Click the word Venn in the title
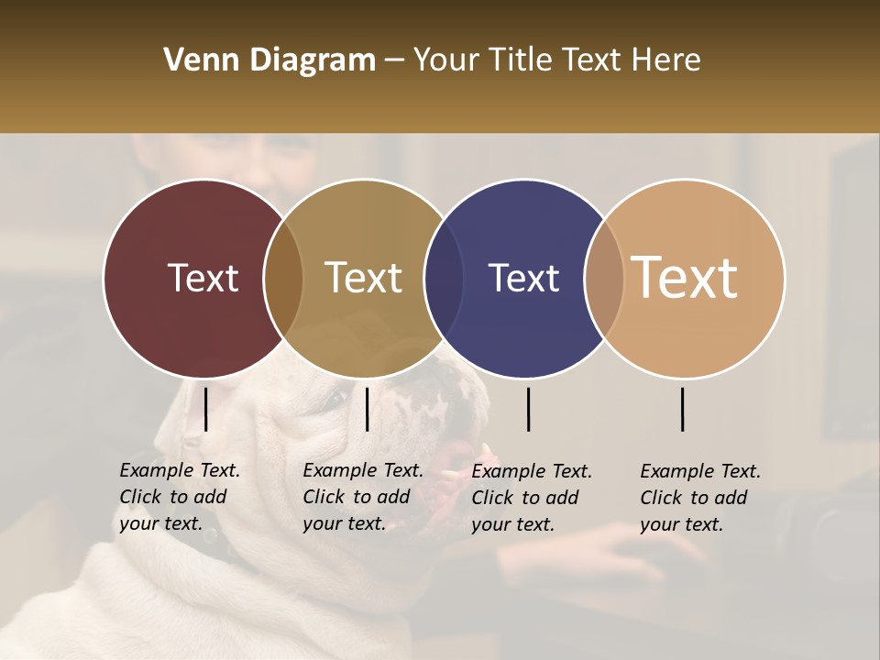click(198, 60)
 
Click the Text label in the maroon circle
click(203, 278)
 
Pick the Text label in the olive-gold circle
click(363, 278)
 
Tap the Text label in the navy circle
click(523, 278)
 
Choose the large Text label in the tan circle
click(685, 278)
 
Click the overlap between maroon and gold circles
click(283, 278)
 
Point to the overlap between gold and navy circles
click(444, 278)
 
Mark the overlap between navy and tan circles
click(604, 278)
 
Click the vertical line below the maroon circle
click(206, 409)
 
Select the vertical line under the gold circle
click(367, 409)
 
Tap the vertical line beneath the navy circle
click(529, 409)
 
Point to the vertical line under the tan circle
click(683, 409)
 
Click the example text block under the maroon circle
click(179, 497)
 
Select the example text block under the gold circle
click(362, 497)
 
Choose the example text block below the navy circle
click(531, 498)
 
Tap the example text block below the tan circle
click(699, 498)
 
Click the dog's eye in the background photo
click(335, 398)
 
